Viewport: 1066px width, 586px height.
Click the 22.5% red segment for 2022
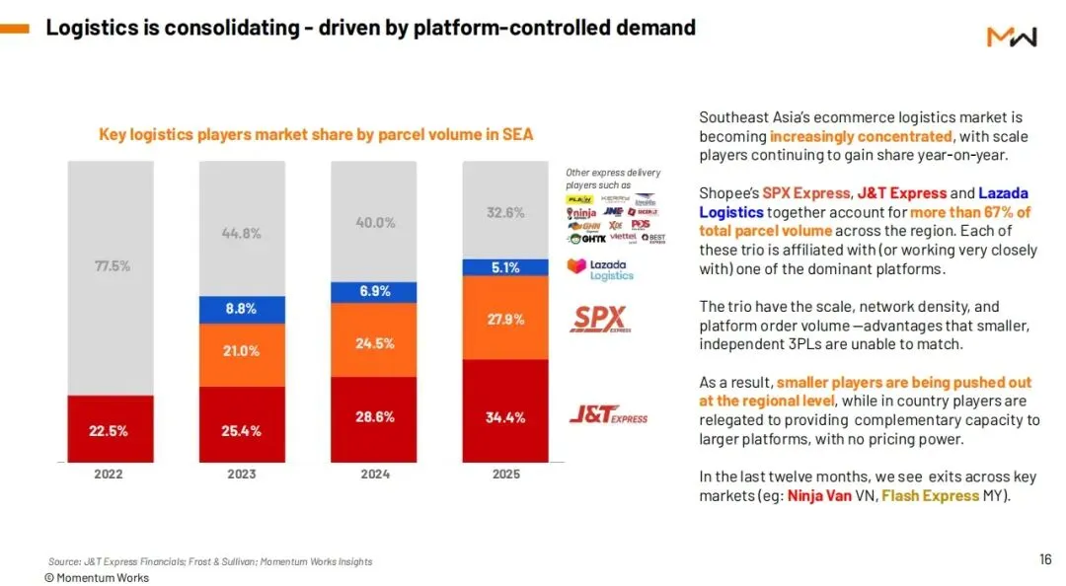pos(109,429)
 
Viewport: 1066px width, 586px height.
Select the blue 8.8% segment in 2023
pos(241,309)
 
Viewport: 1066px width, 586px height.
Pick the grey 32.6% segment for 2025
pos(505,212)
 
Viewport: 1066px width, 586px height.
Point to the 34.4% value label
pos(505,417)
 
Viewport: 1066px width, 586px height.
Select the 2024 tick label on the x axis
pos(375,474)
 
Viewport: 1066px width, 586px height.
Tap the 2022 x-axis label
pos(109,474)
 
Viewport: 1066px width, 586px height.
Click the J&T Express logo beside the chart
pos(608,415)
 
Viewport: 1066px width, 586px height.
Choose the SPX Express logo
pos(599,320)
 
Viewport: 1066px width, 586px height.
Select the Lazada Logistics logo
pos(599,268)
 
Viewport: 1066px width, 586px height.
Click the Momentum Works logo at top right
pos(1012,37)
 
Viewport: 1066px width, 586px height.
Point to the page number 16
pos(1045,559)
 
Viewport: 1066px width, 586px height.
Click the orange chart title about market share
pos(316,134)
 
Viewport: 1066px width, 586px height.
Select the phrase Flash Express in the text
pos(930,495)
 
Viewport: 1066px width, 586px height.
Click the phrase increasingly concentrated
pos(861,136)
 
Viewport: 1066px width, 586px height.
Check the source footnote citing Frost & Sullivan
pos(210,561)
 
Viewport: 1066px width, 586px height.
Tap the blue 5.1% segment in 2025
pos(505,266)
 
